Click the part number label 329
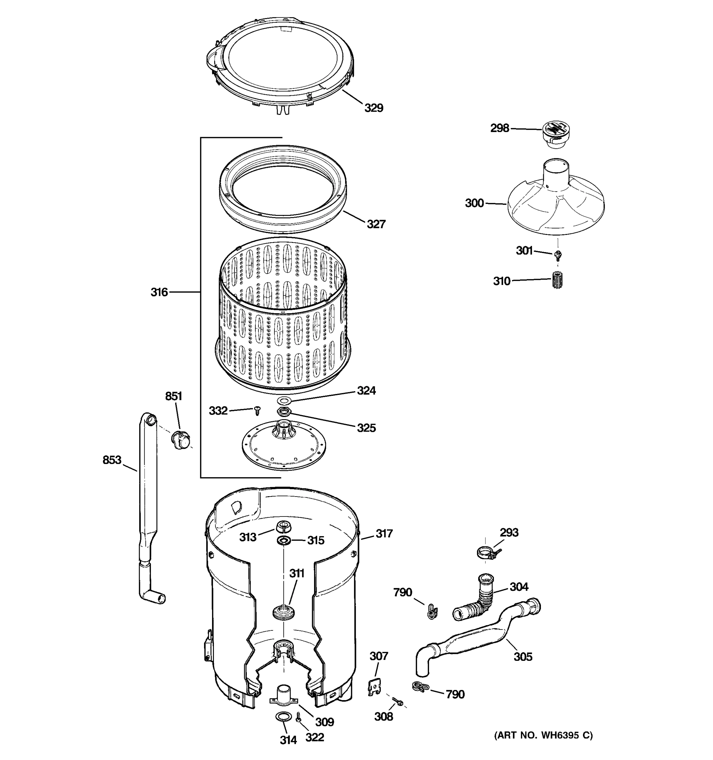pos(373,108)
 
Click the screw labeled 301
pos(558,254)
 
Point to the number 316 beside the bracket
pos(159,293)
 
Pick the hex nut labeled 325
pos(285,412)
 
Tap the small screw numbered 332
pos(257,411)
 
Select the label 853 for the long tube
pos(112,460)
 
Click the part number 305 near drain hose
pos(523,657)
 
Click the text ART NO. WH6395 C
pos(543,736)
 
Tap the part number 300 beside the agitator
pos(474,203)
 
